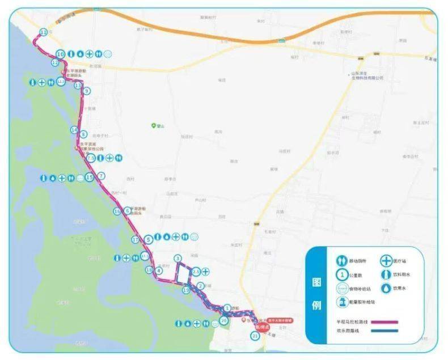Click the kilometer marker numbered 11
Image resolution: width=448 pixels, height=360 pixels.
point(44,32)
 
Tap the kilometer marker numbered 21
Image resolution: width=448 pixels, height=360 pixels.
point(255,336)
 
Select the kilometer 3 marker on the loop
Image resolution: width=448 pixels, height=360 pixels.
point(177,259)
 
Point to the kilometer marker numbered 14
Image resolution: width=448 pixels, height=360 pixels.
point(74,130)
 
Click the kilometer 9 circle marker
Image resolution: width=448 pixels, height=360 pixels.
point(87,91)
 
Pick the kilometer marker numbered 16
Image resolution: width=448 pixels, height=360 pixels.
point(117,211)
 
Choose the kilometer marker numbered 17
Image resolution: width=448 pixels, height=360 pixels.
point(135,240)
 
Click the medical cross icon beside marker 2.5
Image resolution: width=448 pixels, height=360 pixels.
point(205,272)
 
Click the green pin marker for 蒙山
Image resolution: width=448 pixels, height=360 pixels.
point(153,125)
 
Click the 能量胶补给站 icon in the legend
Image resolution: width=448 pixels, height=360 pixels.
point(343,302)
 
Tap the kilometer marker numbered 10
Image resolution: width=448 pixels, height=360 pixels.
point(60,54)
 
